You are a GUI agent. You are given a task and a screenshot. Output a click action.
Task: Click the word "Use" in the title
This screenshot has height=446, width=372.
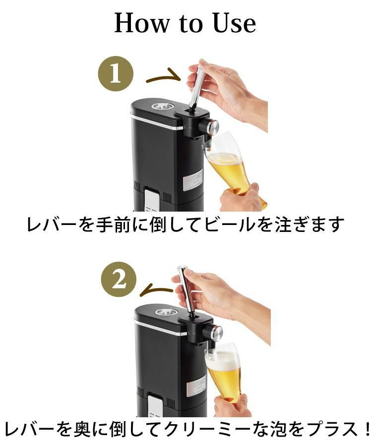pyautogui.click(x=235, y=23)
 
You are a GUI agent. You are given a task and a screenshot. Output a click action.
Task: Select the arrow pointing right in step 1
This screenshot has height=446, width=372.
pyautogui.click(x=163, y=77)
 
